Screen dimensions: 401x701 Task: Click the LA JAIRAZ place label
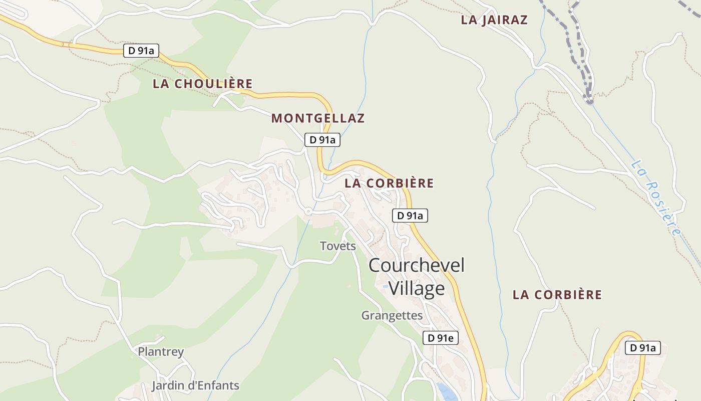(x=494, y=20)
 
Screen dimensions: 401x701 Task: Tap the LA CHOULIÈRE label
(x=202, y=84)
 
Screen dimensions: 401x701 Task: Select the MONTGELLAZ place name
(x=318, y=118)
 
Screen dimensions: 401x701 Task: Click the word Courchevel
(x=417, y=265)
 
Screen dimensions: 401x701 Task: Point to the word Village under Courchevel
(x=417, y=288)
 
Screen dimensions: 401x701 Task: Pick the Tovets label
(x=338, y=246)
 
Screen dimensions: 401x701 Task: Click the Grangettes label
(x=392, y=316)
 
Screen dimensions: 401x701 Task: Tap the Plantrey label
(x=161, y=352)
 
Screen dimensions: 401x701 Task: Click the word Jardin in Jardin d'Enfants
(x=168, y=386)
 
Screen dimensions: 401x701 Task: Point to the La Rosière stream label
(x=656, y=197)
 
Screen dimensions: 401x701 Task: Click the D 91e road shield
(x=441, y=338)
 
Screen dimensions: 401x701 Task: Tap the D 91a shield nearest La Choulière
(x=141, y=50)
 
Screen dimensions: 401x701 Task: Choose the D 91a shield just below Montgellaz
(x=322, y=140)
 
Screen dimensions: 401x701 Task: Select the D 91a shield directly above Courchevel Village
(x=410, y=216)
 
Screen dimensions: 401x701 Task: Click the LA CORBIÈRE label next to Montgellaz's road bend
(x=389, y=183)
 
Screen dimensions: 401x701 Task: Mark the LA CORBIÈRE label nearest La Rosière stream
(x=557, y=295)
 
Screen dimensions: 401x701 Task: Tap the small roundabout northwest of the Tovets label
(x=308, y=212)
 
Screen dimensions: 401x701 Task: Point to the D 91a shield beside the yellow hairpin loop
(x=643, y=348)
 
